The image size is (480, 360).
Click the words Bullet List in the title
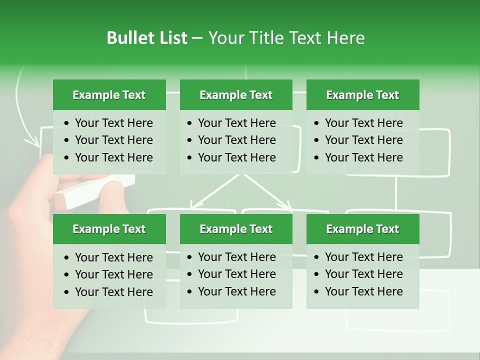(147, 38)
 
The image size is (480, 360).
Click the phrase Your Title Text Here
(286, 38)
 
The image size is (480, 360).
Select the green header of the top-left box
(109, 95)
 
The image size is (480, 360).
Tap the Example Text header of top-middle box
(236, 95)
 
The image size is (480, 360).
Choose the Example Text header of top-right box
(362, 95)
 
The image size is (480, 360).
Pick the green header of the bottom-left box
(109, 229)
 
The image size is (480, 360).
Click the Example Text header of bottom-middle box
(236, 229)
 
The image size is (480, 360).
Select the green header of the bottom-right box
(362, 229)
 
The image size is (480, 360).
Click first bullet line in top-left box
(113, 123)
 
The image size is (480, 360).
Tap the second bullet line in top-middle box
(236, 140)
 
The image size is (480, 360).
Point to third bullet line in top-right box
(363, 157)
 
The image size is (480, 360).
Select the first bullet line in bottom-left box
(113, 257)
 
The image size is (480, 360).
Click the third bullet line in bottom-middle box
(236, 291)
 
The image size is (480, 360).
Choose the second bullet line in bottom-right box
(363, 274)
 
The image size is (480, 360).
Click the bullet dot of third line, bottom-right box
(317, 291)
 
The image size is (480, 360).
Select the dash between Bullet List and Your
(197, 38)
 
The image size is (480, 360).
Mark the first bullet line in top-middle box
(236, 123)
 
